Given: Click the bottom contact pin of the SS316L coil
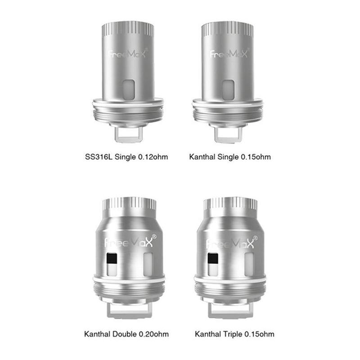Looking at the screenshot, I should pos(128,133).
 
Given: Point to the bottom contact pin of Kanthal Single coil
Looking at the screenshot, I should pos(229,133).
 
